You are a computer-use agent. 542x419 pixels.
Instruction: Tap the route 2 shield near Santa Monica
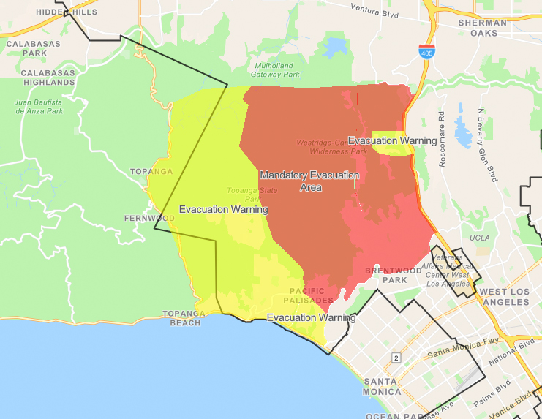[x=396, y=357]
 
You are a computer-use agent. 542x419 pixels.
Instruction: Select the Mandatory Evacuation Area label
[x=310, y=181]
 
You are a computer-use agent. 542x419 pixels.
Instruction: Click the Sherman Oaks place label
[x=482, y=28]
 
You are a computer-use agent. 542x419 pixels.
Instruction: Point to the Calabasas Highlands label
[x=48, y=78]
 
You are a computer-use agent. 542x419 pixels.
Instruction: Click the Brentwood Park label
[x=393, y=275]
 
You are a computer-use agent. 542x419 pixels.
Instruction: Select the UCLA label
[x=480, y=238]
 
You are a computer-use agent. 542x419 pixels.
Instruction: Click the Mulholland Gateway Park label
[x=275, y=69]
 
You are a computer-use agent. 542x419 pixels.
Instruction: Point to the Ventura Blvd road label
[x=379, y=10]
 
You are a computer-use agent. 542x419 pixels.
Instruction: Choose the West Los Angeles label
[x=503, y=297]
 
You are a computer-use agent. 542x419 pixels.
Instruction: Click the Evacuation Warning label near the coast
[x=311, y=318]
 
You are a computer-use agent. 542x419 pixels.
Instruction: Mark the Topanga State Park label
[x=243, y=195]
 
